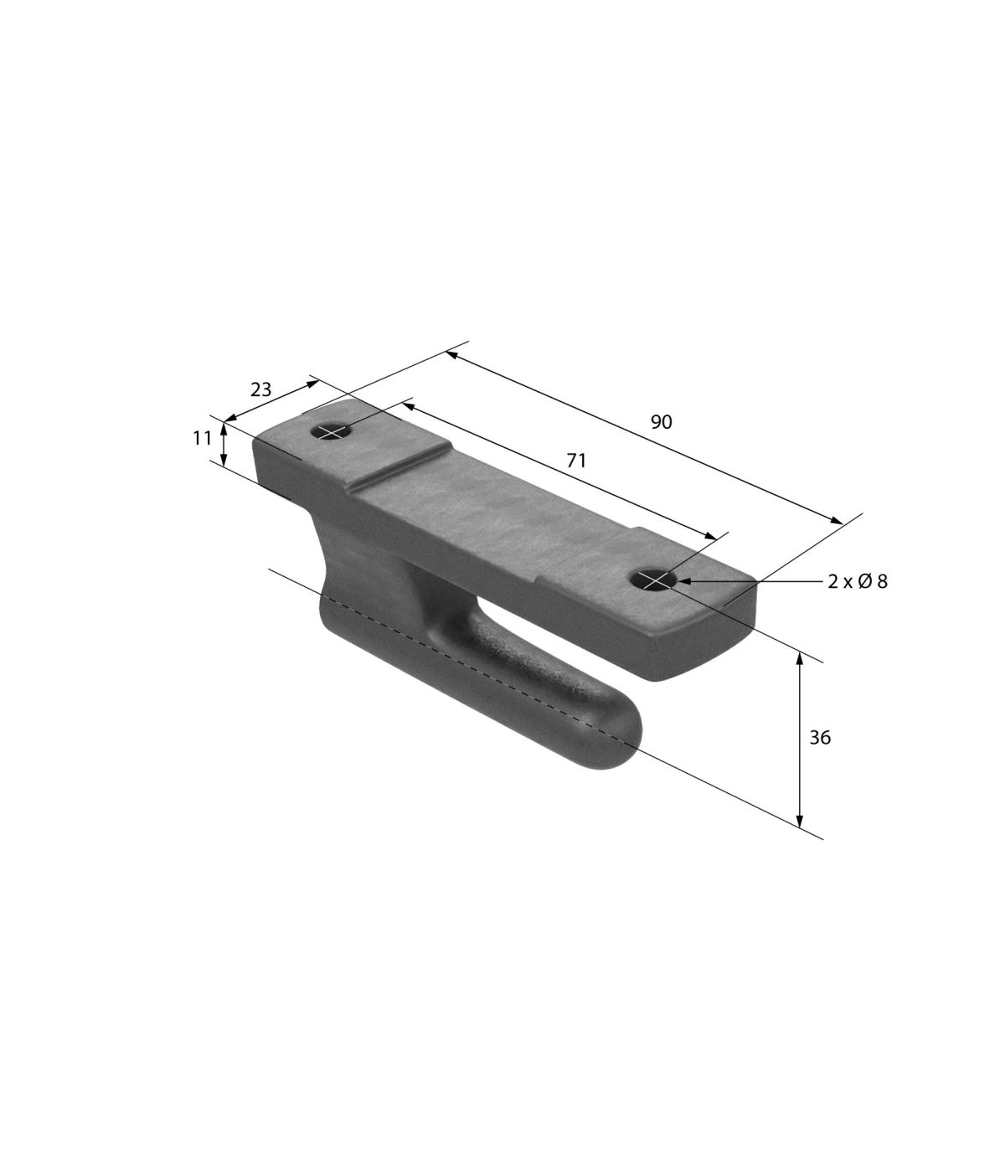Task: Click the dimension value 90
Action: click(662, 422)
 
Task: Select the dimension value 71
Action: click(576, 461)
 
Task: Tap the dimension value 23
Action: click(260, 389)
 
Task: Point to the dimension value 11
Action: click(202, 438)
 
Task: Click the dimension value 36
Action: click(820, 737)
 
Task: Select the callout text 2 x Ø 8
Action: click(858, 582)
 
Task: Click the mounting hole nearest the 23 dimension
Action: click(332, 431)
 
